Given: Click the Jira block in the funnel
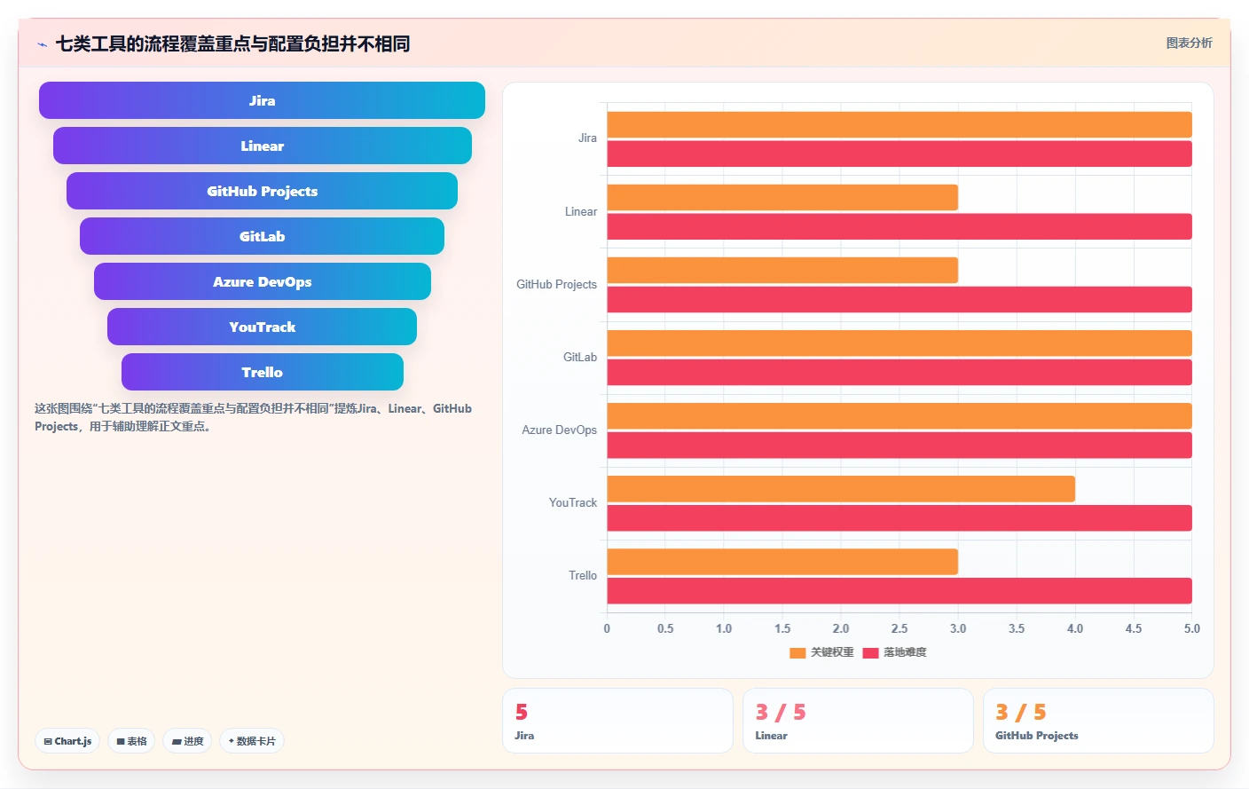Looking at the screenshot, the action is [x=262, y=100].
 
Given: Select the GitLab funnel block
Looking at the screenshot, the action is [x=262, y=236].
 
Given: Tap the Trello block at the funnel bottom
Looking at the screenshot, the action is [x=262, y=372].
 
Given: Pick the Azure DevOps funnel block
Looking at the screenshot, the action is [x=262, y=281].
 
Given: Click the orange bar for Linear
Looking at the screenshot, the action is [x=782, y=198].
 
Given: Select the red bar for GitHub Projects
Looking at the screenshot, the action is [x=899, y=299].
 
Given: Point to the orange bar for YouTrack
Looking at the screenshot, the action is [x=841, y=489].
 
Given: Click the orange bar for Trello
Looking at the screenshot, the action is [x=782, y=561].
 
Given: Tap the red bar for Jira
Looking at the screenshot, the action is [x=899, y=154].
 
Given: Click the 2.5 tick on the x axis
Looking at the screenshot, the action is [x=899, y=628].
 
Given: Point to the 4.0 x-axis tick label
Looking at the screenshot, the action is [x=1075, y=628].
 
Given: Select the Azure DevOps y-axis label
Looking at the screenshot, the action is [x=559, y=430].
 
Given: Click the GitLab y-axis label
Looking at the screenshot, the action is [x=580, y=357].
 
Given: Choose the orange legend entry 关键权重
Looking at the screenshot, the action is [x=822, y=652].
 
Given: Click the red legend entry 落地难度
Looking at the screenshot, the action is [x=894, y=652].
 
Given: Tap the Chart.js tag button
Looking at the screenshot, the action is [x=67, y=741].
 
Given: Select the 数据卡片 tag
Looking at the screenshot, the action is [x=251, y=741].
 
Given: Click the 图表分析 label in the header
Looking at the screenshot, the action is [x=1189, y=43].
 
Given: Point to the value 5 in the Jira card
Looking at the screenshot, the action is [x=522, y=712].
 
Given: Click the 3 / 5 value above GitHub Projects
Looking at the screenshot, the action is [x=1020, y=712].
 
